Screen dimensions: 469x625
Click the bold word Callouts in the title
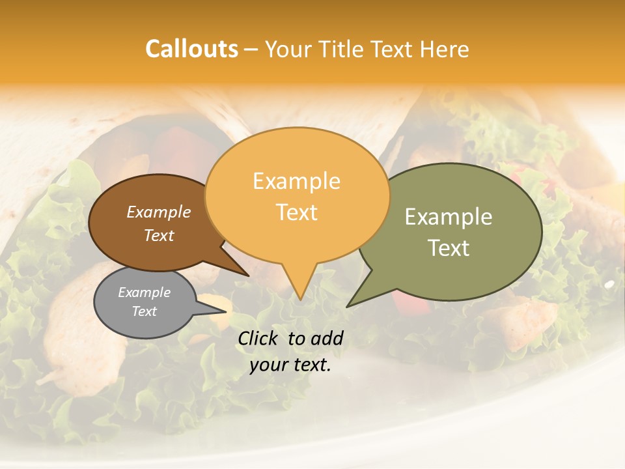click(191, 49)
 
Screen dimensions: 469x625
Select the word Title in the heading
click(342, 49)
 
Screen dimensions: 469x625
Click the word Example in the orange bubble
click(296, 181)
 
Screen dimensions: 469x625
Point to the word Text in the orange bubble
click(297, 212)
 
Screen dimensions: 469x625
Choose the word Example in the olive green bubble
click(449, 216)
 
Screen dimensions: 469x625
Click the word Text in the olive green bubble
click(449, 248)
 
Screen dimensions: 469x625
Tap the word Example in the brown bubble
click(158, 212)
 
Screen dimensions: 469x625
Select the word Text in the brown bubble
click(159, 235)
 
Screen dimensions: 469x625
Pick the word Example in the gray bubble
click(144, 292)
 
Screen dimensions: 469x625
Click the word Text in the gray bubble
click(144, 311)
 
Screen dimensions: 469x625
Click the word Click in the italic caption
click(258, 339)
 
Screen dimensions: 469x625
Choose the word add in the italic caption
click(327, 339)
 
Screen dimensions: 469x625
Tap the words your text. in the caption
click(290, 365)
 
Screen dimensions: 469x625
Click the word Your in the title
click(288, 49)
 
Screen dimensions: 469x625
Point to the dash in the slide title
click(252, 49)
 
